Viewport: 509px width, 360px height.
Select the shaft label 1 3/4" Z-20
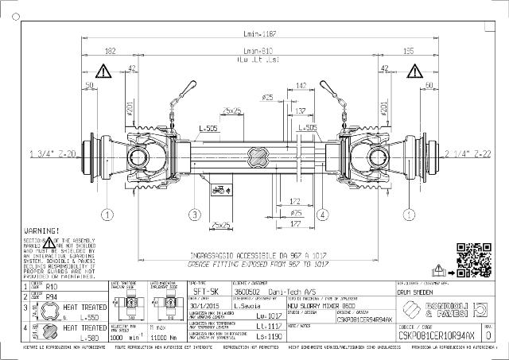click(x=52, y=153)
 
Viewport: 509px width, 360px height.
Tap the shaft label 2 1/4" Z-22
click(x=468, y=153)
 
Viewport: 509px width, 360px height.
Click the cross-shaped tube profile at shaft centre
click(x=258, y=153)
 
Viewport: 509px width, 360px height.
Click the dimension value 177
click(x=295, y=225)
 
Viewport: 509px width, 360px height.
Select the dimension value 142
click(x=301, y=84)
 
